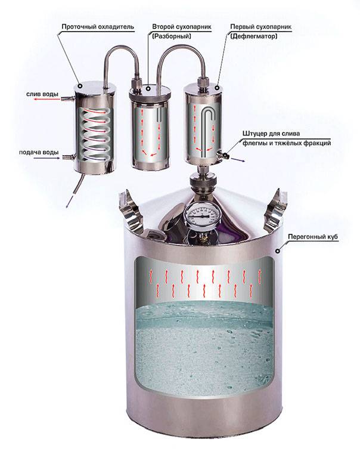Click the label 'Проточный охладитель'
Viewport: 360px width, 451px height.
(98, 27)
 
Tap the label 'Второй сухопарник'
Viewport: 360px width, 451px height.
(182, 27)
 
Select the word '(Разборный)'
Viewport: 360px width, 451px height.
(172, 36)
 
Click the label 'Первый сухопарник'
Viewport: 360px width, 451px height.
(261, 27)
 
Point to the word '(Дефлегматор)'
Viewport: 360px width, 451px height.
(254, 36)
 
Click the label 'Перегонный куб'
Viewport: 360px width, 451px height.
(313, 237)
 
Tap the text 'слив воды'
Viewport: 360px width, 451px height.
(42, 94)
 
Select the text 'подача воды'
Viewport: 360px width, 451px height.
(39, 153)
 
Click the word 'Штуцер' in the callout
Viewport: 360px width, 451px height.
(255, 134)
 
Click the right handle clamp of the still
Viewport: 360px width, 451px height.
(275, 210)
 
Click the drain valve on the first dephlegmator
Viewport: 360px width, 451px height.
(223, 154)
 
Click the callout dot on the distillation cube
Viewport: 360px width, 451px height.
(278, 251)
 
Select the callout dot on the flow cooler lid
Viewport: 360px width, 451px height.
(80, 85)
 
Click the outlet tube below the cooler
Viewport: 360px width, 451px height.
(78, 186)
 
